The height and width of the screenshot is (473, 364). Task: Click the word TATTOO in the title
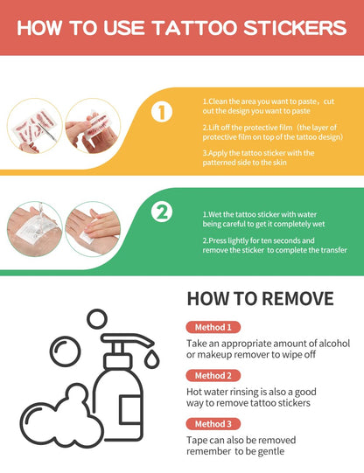tap(195, 28)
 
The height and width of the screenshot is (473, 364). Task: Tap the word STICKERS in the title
tap(295, 28)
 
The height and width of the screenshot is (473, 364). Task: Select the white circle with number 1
tap(162, 112)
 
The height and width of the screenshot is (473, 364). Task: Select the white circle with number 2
tap(162, 212)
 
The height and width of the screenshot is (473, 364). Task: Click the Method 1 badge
tap(213, 327)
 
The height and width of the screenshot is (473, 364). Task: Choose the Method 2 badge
tap(213, 376)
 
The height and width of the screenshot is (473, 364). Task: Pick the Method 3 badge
tap(213, 424)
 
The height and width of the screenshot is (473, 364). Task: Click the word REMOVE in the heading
tap(297, 299)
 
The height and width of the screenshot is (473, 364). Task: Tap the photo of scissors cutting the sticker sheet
tap(35, 126)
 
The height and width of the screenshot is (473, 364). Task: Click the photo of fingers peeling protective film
tap(93, 126)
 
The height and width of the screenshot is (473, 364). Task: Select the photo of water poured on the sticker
tap(35, 229)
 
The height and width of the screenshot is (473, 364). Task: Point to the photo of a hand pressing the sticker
tap(93, 229)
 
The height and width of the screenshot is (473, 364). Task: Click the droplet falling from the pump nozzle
tap(151, 359)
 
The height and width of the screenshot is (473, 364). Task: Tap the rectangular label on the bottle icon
tap(130, 410)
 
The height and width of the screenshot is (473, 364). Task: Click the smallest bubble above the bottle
tap(97, 319)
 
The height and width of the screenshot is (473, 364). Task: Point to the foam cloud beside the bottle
tap(58, 415)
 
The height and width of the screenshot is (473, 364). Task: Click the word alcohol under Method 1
tap(334, 344)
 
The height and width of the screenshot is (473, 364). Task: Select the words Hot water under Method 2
tap(207, 392)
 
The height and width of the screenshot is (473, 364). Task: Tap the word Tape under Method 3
tap(197, 441)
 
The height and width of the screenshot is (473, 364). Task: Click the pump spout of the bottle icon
tap(129, 340)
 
